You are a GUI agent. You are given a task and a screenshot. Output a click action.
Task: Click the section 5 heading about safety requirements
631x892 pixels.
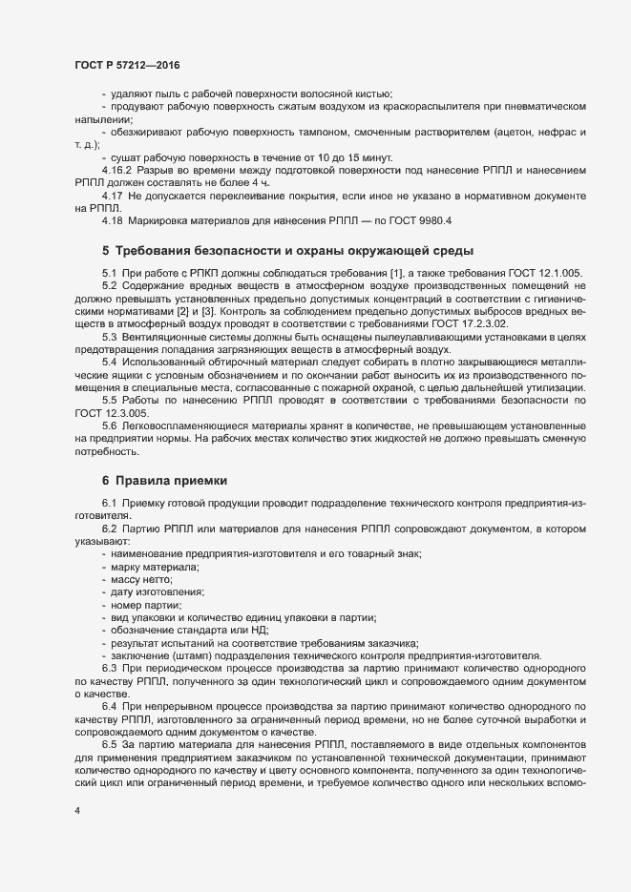pos(286,251)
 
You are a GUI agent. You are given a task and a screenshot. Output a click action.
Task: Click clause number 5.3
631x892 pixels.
pos(110,337)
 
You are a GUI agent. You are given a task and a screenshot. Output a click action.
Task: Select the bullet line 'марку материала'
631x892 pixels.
pos(154,568)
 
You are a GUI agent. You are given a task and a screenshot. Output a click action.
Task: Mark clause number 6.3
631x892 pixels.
pos(110,668)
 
